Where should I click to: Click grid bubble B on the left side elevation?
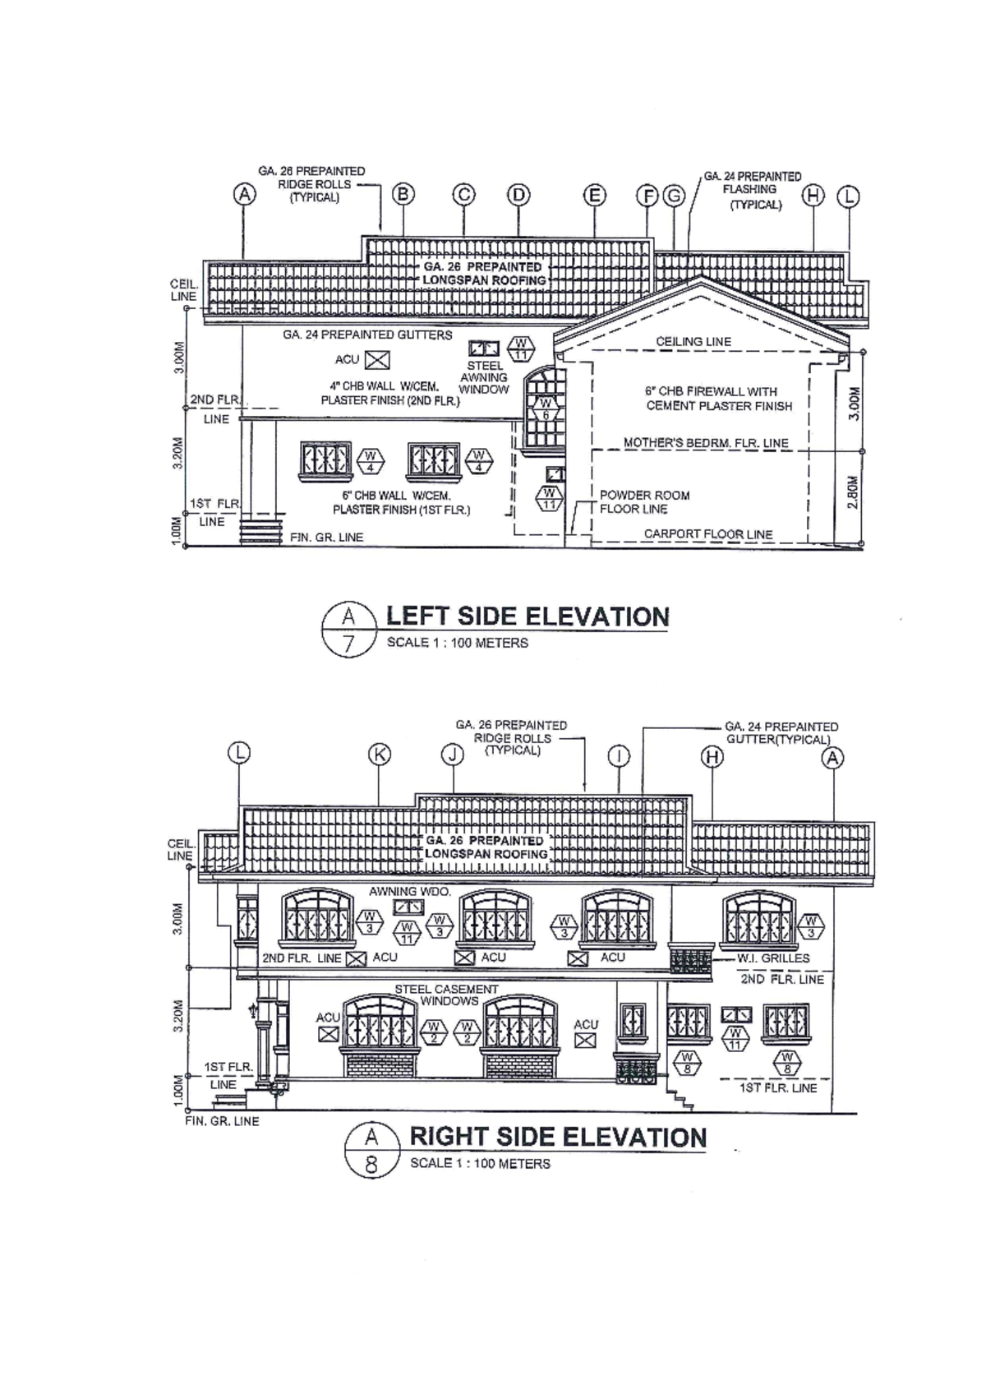(403, 195)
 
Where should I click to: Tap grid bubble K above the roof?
(380, 755)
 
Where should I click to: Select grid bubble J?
(452, 755)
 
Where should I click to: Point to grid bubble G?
(674, 196)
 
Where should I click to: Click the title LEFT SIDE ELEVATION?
(528, 616)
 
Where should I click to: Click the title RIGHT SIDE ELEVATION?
(558, 1137)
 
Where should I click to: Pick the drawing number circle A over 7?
(348, 630)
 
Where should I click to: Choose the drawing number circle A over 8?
(371, 1151)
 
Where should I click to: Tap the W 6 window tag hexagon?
(545, 409)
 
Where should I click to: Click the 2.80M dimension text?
(853, 492)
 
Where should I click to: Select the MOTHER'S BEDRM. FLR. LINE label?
(706, 443)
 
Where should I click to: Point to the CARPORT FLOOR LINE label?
(708, 534)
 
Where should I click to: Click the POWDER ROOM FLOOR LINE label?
(644, 502)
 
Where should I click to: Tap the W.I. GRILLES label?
(773, 958)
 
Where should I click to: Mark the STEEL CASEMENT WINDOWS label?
(447, 995)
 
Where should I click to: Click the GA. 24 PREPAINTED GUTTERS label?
(367, 335)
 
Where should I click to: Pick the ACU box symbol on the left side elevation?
(377, 360)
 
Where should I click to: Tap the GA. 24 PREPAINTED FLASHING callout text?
(752, 190)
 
